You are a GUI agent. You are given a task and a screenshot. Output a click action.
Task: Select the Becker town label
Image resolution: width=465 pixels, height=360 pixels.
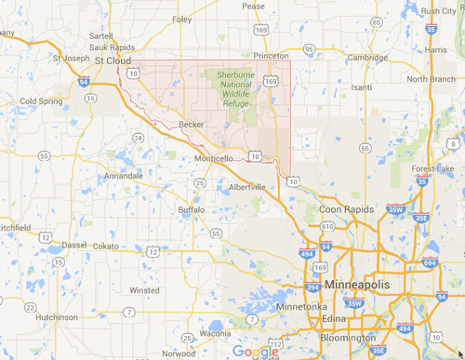pos(192,123)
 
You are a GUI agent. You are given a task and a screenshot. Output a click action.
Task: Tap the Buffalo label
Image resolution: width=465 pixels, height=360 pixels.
pos(191,210)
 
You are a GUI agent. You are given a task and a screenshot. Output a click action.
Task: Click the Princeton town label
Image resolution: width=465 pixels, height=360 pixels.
pos(272,56)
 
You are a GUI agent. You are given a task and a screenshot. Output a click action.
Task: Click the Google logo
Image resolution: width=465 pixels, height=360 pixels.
pos(256,351)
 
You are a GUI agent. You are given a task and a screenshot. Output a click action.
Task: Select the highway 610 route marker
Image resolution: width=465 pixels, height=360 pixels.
pos(326,226)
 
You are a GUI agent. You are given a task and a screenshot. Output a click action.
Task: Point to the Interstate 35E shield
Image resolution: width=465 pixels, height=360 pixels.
pos(421,218)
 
